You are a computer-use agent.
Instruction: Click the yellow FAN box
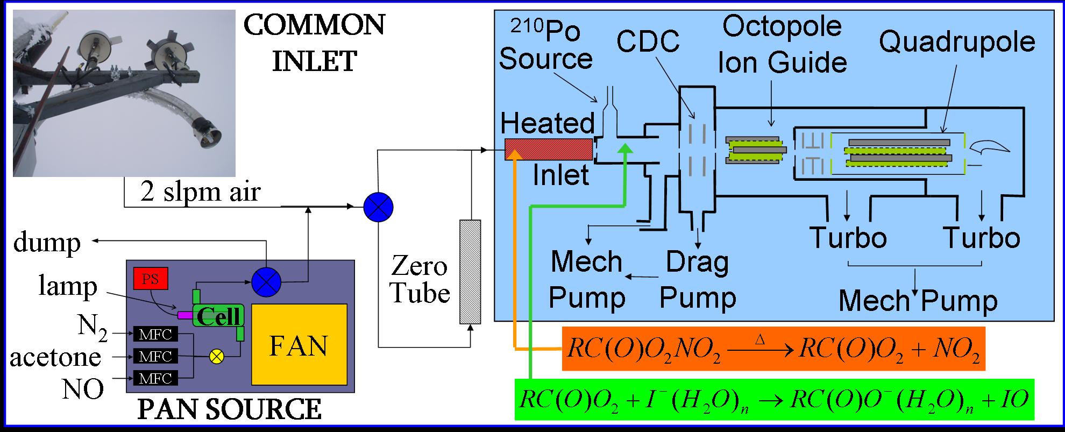coord(299,344)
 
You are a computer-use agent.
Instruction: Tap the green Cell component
coord(218,315)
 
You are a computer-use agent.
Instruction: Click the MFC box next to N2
coord(155,334)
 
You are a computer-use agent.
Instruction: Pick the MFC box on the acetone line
coord(155,356)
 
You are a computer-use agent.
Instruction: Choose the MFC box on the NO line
coord(155,378)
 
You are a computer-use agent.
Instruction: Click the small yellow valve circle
coord(217,356)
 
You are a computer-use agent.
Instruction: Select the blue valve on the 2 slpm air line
coord(379,207)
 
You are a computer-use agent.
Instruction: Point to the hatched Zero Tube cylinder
coord(470,272)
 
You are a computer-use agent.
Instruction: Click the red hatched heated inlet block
coord(549,149)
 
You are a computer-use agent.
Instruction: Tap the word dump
coord(47,243)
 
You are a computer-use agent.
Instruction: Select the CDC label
coord(648,41)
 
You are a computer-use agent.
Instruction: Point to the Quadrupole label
coord(957,42)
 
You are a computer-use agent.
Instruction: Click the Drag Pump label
coord(698,280)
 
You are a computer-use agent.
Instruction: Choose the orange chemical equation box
coord(773,349)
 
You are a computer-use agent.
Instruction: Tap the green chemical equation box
coord(773,399)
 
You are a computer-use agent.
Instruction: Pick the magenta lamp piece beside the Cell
coord(185,314)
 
